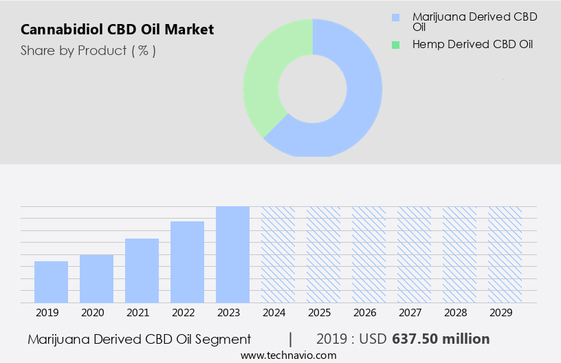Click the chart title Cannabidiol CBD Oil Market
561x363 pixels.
pyautogui.click(x=117, y=30)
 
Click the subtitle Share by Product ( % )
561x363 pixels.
pyautogui.click(x=88, y=50)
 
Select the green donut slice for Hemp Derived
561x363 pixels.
pyautogui.click(x=272, y=76)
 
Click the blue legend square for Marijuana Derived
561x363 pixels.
pyautogui.click(x=395, y=17)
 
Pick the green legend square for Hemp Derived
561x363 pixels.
pyautogui.click(x=395, y=45)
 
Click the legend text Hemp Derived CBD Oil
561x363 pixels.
pyautogui.click(x=472, y=45)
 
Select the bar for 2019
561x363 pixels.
pyautogui.click(x=51, y=282)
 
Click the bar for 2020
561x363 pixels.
pyautogui.click(x=96, y=278)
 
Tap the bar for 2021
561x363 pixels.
pyautogui.click(x=142, y=270)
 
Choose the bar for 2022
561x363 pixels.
pyautogui.click(x=187, y=262)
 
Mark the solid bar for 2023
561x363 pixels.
pyautogui.click(x=232, y=254)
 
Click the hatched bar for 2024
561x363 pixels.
pyautogui.click(x=278, y=254)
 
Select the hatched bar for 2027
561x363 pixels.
pyautogui.click(x=414, y=254)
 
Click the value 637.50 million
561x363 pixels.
pyautogui.click(x=441, y=339)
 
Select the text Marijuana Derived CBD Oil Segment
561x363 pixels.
pyautogui.click(x=140, y=339)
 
